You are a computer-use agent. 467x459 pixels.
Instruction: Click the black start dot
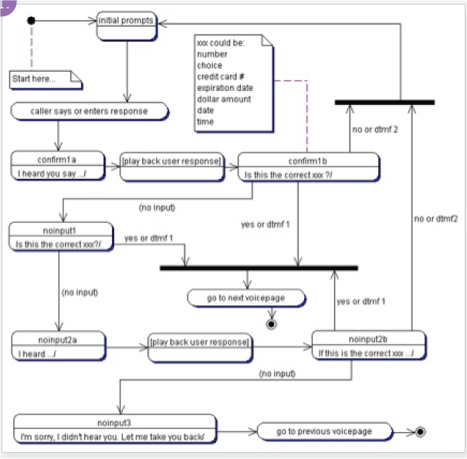[x=31, y=20]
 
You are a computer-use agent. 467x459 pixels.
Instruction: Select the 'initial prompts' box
[x=126, y=25]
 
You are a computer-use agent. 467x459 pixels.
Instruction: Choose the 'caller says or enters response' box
[x=90, y=111]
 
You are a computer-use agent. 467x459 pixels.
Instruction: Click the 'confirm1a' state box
[x=59, y=166]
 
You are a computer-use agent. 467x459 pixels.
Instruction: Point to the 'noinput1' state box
[x=61, y=237]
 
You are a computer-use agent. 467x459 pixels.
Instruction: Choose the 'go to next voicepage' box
[x=246, y=298]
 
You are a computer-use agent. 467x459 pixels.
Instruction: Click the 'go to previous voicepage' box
[x=324, y=431]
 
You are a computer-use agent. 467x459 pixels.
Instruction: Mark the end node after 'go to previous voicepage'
[x=420, y=431]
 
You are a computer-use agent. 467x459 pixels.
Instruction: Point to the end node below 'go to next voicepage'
[x=271, y=324]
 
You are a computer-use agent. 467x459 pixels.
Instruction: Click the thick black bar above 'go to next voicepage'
[x=259, y=268]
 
